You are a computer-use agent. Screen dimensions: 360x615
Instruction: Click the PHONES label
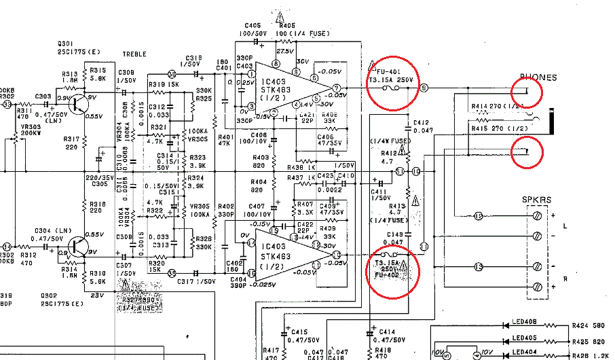coord(538,77)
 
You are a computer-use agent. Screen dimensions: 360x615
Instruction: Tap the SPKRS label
coord(536,199)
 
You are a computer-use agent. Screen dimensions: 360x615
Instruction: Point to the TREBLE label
coord(134,54)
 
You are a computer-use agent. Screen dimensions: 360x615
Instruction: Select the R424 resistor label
coord(582,325)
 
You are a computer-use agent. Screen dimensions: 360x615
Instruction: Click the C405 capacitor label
coord(253,25)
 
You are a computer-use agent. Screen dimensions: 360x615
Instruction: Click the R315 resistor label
coord(98,71)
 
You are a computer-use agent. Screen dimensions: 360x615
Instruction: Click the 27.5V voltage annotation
coord(284,51)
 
